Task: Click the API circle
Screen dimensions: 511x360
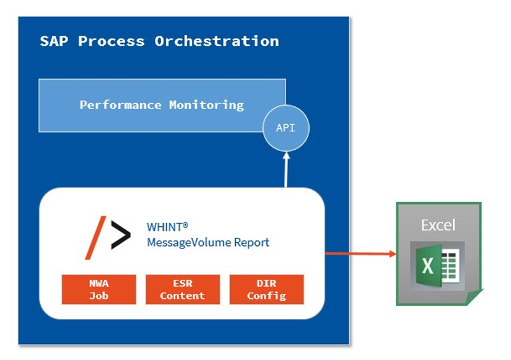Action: [x=286, y=127]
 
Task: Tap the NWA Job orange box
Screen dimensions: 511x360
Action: [x=99, y=289]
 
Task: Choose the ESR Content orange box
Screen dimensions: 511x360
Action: [x=182, y=289]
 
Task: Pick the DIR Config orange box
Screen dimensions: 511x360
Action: [x=266, y=289]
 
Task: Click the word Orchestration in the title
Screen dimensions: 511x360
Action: [x=217, y=41]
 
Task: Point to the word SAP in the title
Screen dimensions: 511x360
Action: [x=54, y=41]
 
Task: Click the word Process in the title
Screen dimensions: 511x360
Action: [x=111, y=41]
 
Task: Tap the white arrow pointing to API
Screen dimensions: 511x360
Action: [x=286, y=169]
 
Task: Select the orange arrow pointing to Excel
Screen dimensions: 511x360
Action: [x=361, y=254]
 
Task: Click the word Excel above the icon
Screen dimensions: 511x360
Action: [x=438, y=225]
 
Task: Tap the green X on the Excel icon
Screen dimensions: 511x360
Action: [x=428, y=266]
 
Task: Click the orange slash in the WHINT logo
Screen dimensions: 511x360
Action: [x=96, y=238]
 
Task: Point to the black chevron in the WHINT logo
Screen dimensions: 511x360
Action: [x=121, y=234]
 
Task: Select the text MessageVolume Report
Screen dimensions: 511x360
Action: [x=208, y=242]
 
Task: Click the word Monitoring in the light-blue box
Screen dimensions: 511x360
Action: [x=206, y=105]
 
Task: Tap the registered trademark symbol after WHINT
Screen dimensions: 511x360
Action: [x=185, y=224]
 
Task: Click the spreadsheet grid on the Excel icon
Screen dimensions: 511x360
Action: [x=450, y=265]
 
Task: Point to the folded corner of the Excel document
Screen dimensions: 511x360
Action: [x=475, y=296]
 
